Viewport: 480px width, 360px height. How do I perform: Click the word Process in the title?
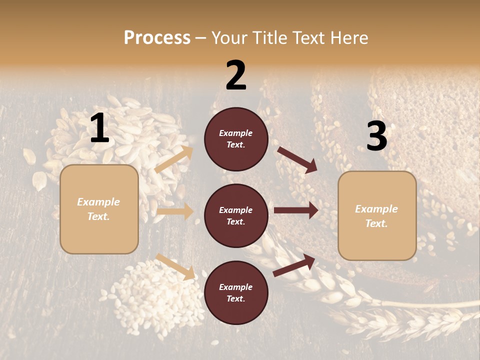click(x=157, y=38)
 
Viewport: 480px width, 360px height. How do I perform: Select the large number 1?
click(x=99, y=129)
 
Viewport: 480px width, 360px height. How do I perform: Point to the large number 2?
click(x=236, y=75)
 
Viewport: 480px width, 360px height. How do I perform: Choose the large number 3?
click(x=376, y=136)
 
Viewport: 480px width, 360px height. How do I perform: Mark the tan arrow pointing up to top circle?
click(x=174, y=159)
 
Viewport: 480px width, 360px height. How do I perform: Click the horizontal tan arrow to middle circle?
click(x=175, y=211)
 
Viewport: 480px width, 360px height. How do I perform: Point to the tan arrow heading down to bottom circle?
click(x=175, y=266)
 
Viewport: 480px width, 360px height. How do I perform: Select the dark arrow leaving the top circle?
click(x=297, y=159)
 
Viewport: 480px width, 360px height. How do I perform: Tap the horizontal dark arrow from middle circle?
click(x=296, y=210)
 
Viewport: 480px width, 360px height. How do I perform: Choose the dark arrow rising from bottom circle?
click(x=294, y=265)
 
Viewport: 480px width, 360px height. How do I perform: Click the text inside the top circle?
click(x=236, y=139)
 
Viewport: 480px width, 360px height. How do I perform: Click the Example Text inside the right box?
click(x=376, y=216)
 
